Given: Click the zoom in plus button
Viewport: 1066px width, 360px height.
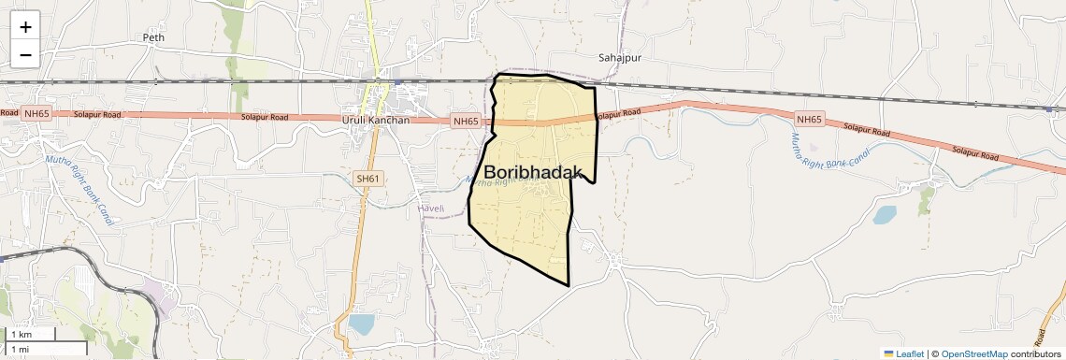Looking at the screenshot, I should (x=25, y=27).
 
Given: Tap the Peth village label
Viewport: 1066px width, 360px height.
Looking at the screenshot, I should (x=152, y=37).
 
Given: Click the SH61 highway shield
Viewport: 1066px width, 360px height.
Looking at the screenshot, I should (x=367, y=178).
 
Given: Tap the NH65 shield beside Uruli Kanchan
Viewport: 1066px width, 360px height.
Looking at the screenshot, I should (x=465, y=122).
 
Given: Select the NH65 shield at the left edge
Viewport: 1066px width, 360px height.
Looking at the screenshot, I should (x=36, y=114).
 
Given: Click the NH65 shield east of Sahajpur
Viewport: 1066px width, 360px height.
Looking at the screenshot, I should (x=809, y=119).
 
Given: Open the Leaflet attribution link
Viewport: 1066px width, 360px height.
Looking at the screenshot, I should (x=909, y=353).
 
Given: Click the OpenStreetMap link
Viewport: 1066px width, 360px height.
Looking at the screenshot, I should (x=973, y=353).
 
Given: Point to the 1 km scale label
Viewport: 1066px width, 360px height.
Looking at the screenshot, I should (x=21, y=335).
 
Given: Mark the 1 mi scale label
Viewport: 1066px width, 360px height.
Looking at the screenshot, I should (x=21, y=349).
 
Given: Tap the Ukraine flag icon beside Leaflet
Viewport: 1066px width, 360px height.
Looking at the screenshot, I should (x=888, y=353).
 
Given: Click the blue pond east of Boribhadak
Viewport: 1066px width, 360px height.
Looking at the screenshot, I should (x=884, y=215).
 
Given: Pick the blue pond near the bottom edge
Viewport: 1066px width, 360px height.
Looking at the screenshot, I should (x=360, y=324).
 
